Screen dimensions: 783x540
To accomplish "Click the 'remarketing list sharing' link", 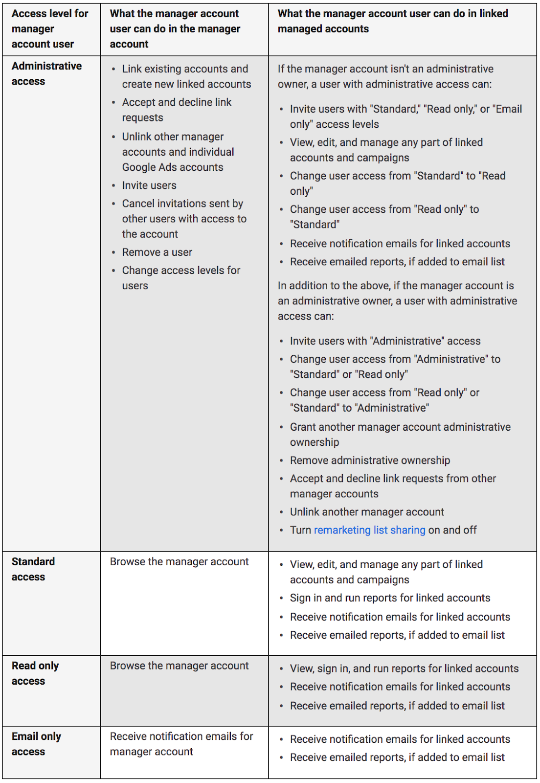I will [x=369, y=530].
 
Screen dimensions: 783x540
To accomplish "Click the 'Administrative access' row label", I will [x=46, y=73].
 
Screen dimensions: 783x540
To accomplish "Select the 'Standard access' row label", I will [x=33, y=569].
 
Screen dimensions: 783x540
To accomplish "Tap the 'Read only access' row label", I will [x=35, y=673].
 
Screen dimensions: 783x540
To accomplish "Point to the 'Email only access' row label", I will [x=36, y=744].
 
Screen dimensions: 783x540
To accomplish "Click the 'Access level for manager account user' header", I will [x=49, y=29].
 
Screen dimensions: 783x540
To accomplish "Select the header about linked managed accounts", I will [x=392, y=21].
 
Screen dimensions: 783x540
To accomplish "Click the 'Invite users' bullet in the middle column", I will [x=149, y=185].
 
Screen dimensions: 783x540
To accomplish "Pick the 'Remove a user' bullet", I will [x=157, y=253].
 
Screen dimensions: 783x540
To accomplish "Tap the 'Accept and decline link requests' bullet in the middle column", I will [x=177, y=110].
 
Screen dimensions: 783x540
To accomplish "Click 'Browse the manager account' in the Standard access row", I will [x=179, y=562].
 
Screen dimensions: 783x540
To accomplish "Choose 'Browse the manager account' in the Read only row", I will [x=179, y=666].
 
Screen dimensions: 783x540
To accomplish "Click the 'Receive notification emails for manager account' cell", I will [x=181, y=744].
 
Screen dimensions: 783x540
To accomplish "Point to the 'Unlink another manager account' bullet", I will [x=367, y=512].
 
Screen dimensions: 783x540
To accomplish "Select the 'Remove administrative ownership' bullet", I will [x=370, y=461].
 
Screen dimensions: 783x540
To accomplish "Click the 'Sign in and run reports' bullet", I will [x=390, y=598].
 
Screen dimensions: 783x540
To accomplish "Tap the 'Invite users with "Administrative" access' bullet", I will [x=385, y=341].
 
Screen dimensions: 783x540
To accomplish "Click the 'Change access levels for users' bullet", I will [x=181, y=277].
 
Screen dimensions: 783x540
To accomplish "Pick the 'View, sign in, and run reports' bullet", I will [x=404, y=668].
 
